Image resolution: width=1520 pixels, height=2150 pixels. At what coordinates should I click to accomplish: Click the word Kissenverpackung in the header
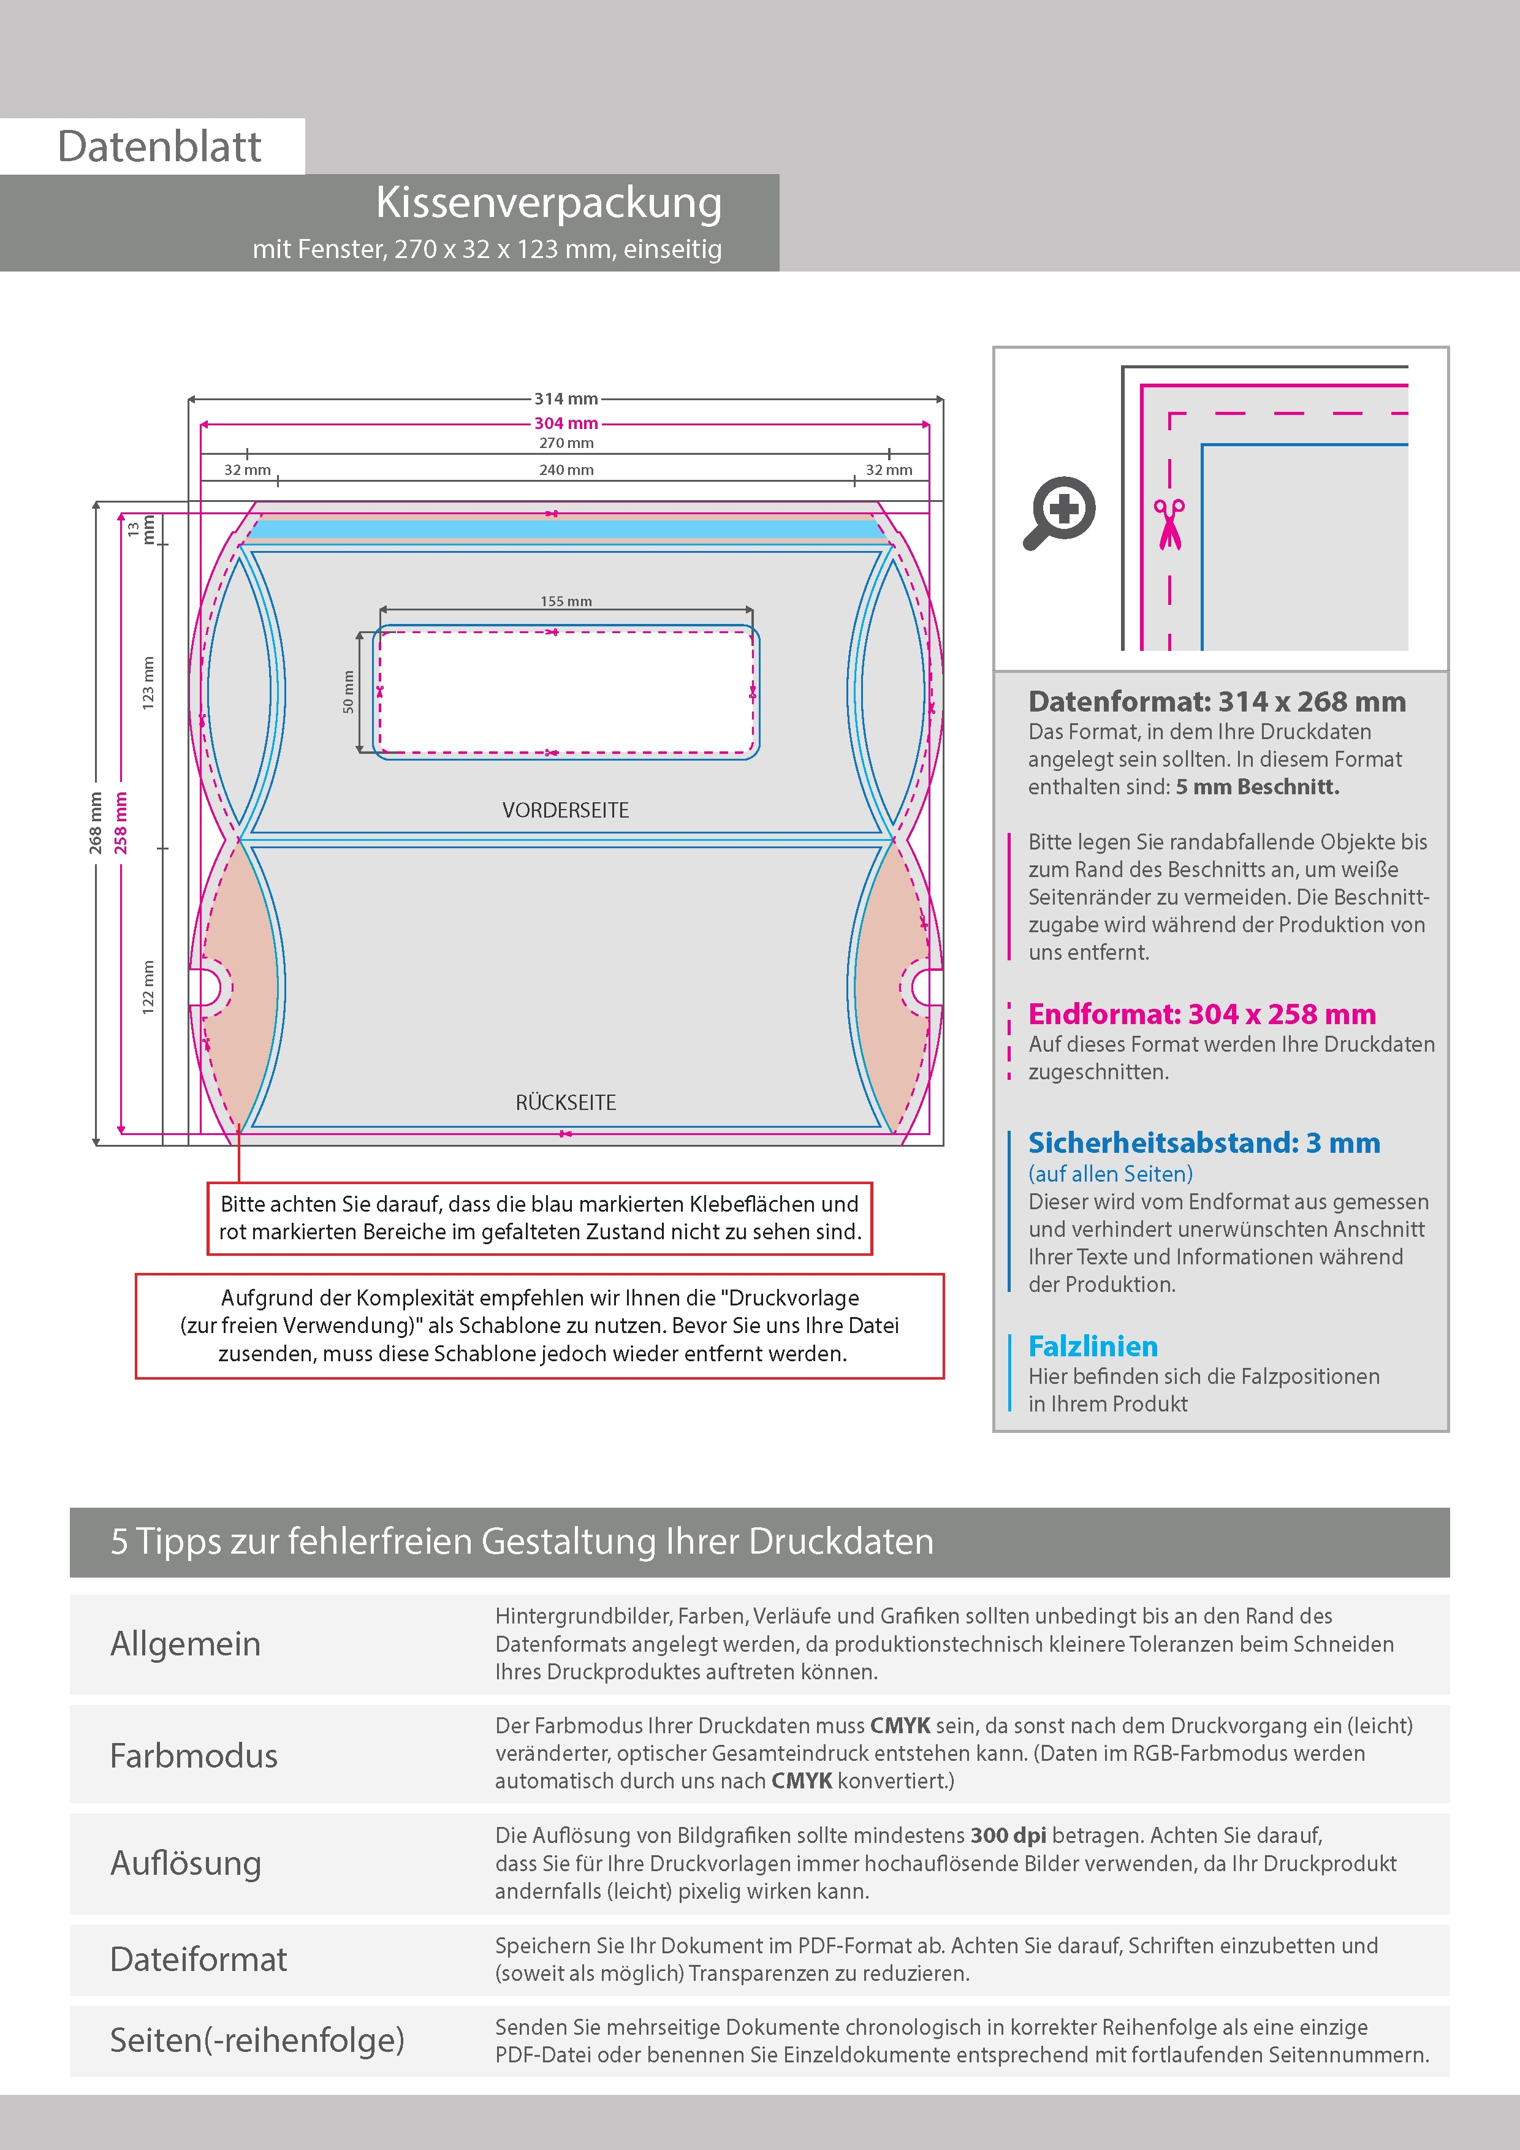coord(549,203)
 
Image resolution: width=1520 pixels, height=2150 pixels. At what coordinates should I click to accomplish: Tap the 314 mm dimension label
coord(566,399)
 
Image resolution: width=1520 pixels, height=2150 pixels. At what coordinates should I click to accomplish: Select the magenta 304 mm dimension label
coord(566,424)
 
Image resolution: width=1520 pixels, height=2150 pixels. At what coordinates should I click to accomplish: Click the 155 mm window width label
coord(566,601)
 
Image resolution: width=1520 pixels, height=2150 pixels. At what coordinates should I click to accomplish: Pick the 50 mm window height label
coord(348,692)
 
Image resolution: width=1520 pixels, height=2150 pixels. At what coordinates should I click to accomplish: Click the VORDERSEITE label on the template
coord(566,810)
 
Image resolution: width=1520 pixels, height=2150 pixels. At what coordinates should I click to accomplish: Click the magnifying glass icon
coord(1059,512)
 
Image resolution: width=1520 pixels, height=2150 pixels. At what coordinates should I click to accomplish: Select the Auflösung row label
coord(186,1863)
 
